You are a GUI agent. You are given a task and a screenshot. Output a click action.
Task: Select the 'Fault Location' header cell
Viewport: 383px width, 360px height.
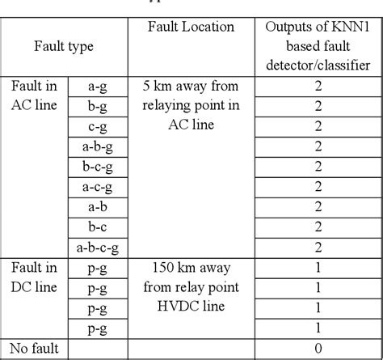[x=191, y=28]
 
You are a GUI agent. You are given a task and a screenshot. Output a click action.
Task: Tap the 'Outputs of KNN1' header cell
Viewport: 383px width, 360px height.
[x=318, y=28]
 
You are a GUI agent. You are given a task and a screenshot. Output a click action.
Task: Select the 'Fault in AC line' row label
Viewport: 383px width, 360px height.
[x=34, y=95]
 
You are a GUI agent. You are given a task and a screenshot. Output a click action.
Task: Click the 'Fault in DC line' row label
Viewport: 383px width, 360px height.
[x=34, y=277]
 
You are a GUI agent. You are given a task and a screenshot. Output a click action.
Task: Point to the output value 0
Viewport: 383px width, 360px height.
[x=318, y=349]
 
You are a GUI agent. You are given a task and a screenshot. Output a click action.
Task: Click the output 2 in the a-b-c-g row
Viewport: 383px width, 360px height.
[x=318, y=246]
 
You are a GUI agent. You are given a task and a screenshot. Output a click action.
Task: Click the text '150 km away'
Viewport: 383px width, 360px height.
[x=191, y=267]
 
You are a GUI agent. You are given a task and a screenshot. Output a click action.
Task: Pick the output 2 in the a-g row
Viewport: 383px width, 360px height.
[x=318, y=87]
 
